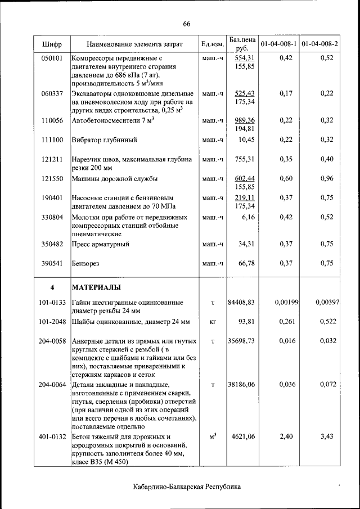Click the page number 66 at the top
(187, 23)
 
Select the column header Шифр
(52, 44)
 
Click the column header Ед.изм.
(212, 44)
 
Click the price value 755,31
(245, 159)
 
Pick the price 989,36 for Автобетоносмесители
(245, 120)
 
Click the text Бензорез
(85, 263)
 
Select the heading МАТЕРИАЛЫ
(96, 287)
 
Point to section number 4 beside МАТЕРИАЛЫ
(52, 287)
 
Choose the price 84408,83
(241, 303)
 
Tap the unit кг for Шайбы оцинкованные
(213, 322)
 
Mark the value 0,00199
(286, 303)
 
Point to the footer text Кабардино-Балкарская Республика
(187, 487)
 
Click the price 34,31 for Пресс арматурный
(247, 244)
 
